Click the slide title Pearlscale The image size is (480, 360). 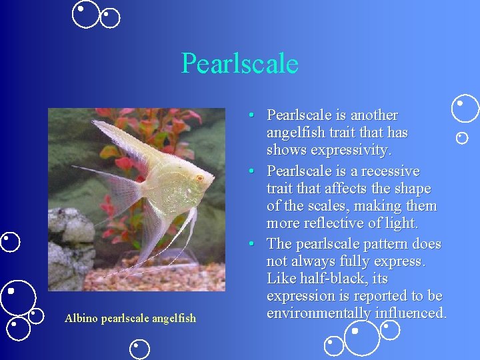coord(239,64)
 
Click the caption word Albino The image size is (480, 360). coord(80,319)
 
